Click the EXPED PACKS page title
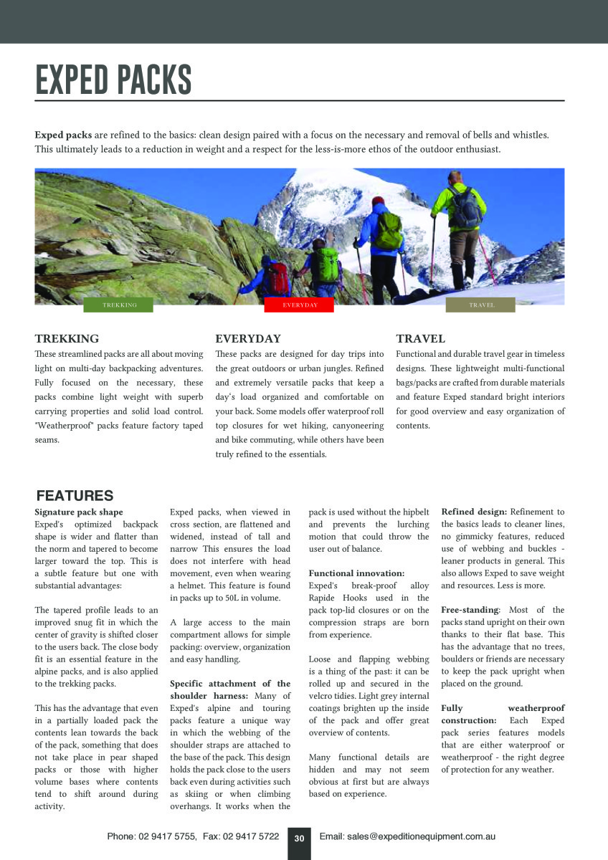pyautogui.click(x=113, y=80)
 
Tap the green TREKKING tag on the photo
pyautogui.click(x=119, y=305)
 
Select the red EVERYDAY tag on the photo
pyautogui.click(x=300, y=305)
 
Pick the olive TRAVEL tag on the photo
pyautogui.click(x=481, y=305)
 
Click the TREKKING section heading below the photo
pyautogui.click(x=67, y=339)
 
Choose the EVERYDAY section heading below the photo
pyautogui.click(x=248, y=339)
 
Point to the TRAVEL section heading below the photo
pyautogui.click(x=421, y=339)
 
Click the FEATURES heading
pyautogui.click(x=75, y=496)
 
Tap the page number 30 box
pyautogui.click(x=300, y=838)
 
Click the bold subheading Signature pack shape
pyautogui.click(x=79, y=512)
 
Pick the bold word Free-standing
pyautogui.click(x=469, y=610)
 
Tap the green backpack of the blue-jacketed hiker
pyautogui.click(x=389, y=231)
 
